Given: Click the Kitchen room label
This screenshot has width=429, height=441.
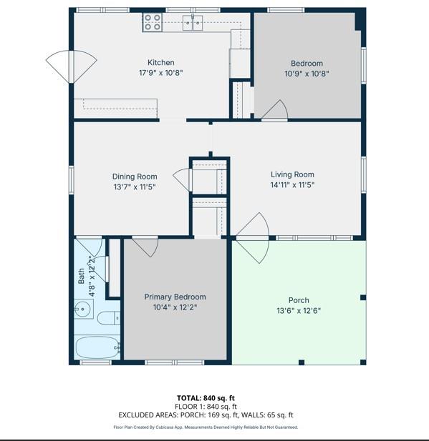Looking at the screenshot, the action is pyautogui.click(x=161, y=62).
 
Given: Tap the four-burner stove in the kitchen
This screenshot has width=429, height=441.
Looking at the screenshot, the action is pyautogui.click(x=153, y=22).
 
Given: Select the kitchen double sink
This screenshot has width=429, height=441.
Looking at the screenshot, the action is pyautogui.click(x=193, y=22).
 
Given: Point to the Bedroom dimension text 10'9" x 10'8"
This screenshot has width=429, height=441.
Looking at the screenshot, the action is pyautogui.click(x=307, y=74).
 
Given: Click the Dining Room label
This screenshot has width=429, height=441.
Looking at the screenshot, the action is pyautogui.click(x=135, y=177).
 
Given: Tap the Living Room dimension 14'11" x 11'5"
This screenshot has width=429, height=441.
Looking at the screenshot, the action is pyautogui.click(x=293, y=185).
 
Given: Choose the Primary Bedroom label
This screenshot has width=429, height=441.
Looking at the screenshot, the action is pyautogui.click(x=175, y=297).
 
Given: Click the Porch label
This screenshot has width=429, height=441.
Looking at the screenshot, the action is pyautogui.click(x=299, y=300).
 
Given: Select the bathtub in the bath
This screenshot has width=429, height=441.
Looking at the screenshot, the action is pyautogui.click(x=97, y=347).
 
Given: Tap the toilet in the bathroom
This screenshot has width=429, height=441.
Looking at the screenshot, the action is pyautogui.click(x=109, y=318).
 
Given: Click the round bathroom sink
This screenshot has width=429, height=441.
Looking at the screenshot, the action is pyautogui.click(x=83, y=309).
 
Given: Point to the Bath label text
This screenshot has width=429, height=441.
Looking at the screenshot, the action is pyautogui.click(x=81, y=276).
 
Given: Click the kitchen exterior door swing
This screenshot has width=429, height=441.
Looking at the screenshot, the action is pyautogui.click(x=72, y=66).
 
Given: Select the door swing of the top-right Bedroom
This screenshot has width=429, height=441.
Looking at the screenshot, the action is pyautogui.click(x=275, y=110).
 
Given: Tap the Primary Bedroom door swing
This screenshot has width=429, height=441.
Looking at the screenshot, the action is pyautogui.click(x=145, y=247).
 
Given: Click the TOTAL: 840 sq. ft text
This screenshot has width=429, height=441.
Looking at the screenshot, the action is pyautogui.click(x=206, y=398).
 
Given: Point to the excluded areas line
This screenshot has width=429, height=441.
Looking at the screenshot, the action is pyautogui.click(x=206, y=415).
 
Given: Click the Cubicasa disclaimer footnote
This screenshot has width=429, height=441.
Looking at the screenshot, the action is pyautogui.click(x=206, y=427).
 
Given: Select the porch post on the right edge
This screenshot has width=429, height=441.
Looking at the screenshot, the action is pyautogui.click(x=363, y=297).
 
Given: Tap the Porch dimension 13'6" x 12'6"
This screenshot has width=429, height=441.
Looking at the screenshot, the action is pyautogui.click(x=299, y=311).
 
